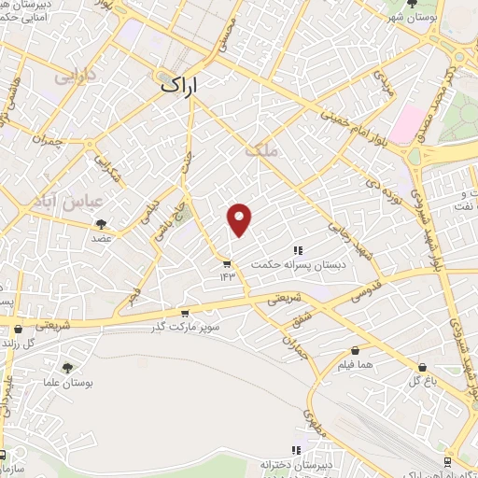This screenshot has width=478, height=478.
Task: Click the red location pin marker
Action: [240, 218]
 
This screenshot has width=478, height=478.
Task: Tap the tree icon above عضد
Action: [101, 223]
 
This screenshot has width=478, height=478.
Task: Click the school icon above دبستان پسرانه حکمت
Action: [298, 249]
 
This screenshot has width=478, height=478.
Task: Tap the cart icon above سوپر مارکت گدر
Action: [184, 314]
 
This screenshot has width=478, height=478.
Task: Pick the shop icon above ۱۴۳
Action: [227, 262]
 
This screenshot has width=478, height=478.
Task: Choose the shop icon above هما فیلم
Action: [355, 350]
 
